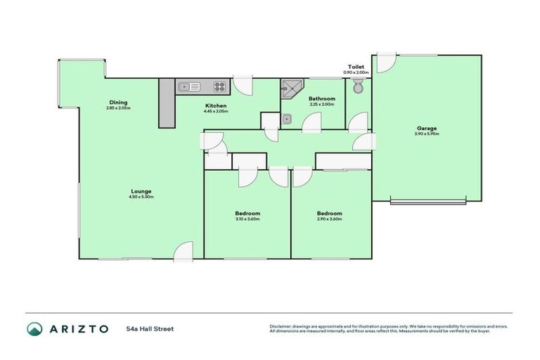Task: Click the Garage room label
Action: (427, 128)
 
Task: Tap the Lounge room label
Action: (141, 191)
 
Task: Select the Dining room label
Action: (118, 101)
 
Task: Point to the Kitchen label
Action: (215, 105)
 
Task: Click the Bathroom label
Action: (322, 99)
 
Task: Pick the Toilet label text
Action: (356, 66)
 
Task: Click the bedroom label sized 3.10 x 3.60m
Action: (247, 213)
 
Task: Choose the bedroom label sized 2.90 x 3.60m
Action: (329, 213)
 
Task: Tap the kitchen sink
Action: (188, 86)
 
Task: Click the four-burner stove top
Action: (220, 86)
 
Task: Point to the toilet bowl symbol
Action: (358, 87)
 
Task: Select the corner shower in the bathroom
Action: (290, 88)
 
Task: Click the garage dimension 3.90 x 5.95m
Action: (427, 134)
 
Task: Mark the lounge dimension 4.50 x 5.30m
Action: (141, 197)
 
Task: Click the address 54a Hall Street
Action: (150, 328)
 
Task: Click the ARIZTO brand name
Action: (78, 328)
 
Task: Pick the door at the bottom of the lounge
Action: (184, 252)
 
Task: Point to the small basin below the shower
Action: (287, 119)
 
